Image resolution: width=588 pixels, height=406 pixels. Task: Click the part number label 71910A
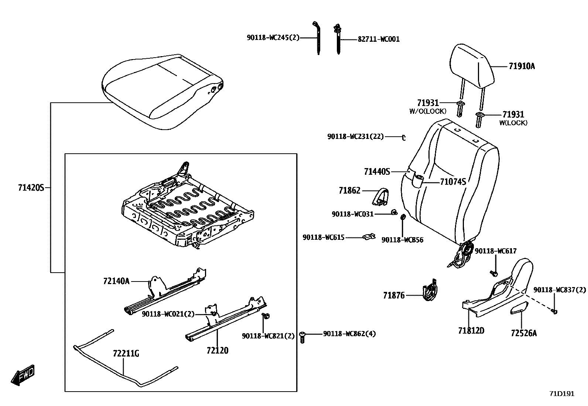point(522,66)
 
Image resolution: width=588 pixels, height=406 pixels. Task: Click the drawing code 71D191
point(562,394)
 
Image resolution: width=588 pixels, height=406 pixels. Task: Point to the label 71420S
point(31,188)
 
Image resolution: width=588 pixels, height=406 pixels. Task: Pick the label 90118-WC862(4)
point(349,334)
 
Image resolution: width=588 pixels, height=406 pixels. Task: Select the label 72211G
point(126,354)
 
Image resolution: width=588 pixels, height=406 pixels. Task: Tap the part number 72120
point(218,351)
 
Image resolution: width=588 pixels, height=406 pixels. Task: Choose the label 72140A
point(116,281)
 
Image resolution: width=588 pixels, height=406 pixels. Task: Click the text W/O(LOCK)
point(427,111)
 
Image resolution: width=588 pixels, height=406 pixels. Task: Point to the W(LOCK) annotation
point(513,123)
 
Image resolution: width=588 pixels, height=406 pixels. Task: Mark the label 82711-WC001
point(379,39)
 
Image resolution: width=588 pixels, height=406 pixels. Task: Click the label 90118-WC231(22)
point(355,137)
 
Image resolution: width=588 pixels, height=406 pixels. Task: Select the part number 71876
point(394,295)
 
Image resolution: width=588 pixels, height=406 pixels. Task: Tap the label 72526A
point(524,333)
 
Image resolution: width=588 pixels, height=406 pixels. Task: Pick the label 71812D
point(471,331)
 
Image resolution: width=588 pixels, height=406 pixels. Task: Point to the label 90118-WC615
point(324,238)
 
